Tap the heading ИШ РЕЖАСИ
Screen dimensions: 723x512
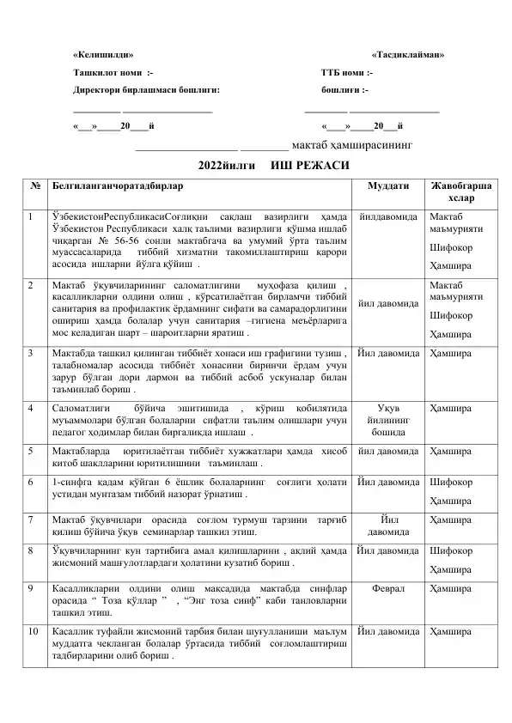point(308,164)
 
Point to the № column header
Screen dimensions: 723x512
point(33,185)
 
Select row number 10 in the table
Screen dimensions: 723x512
point(34,631)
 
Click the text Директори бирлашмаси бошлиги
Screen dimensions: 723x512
point(146,88)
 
